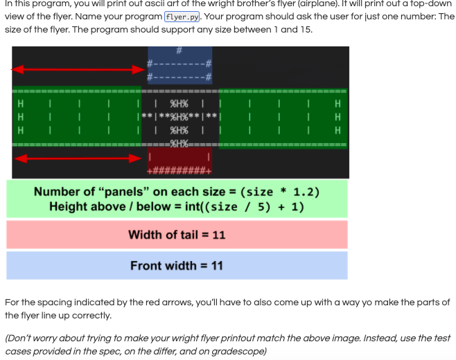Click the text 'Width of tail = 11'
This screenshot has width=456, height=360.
pos(177,235)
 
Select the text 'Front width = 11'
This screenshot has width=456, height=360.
pos(177,266)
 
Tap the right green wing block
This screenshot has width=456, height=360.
pos(283,116)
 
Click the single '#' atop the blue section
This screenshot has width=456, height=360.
pos(178,50)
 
